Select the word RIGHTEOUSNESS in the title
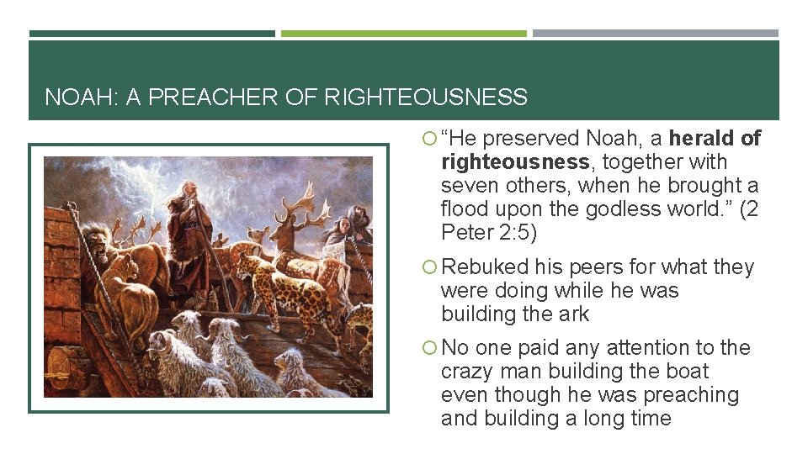[425, 98]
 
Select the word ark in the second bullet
[573, 314]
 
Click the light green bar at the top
[403, 34]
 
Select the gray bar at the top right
[656, 34]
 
